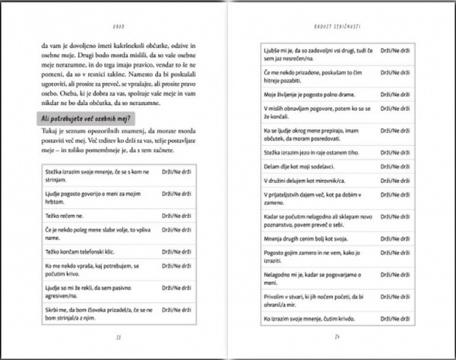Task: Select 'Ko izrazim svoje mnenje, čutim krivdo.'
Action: click(312, 319)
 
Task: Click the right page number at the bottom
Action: click(334, 338)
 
